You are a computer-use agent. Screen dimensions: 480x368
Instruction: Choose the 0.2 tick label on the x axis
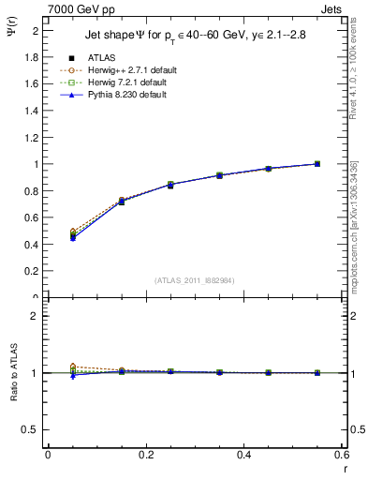[146, 455]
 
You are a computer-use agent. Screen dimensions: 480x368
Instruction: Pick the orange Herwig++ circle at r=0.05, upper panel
[72, 232]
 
